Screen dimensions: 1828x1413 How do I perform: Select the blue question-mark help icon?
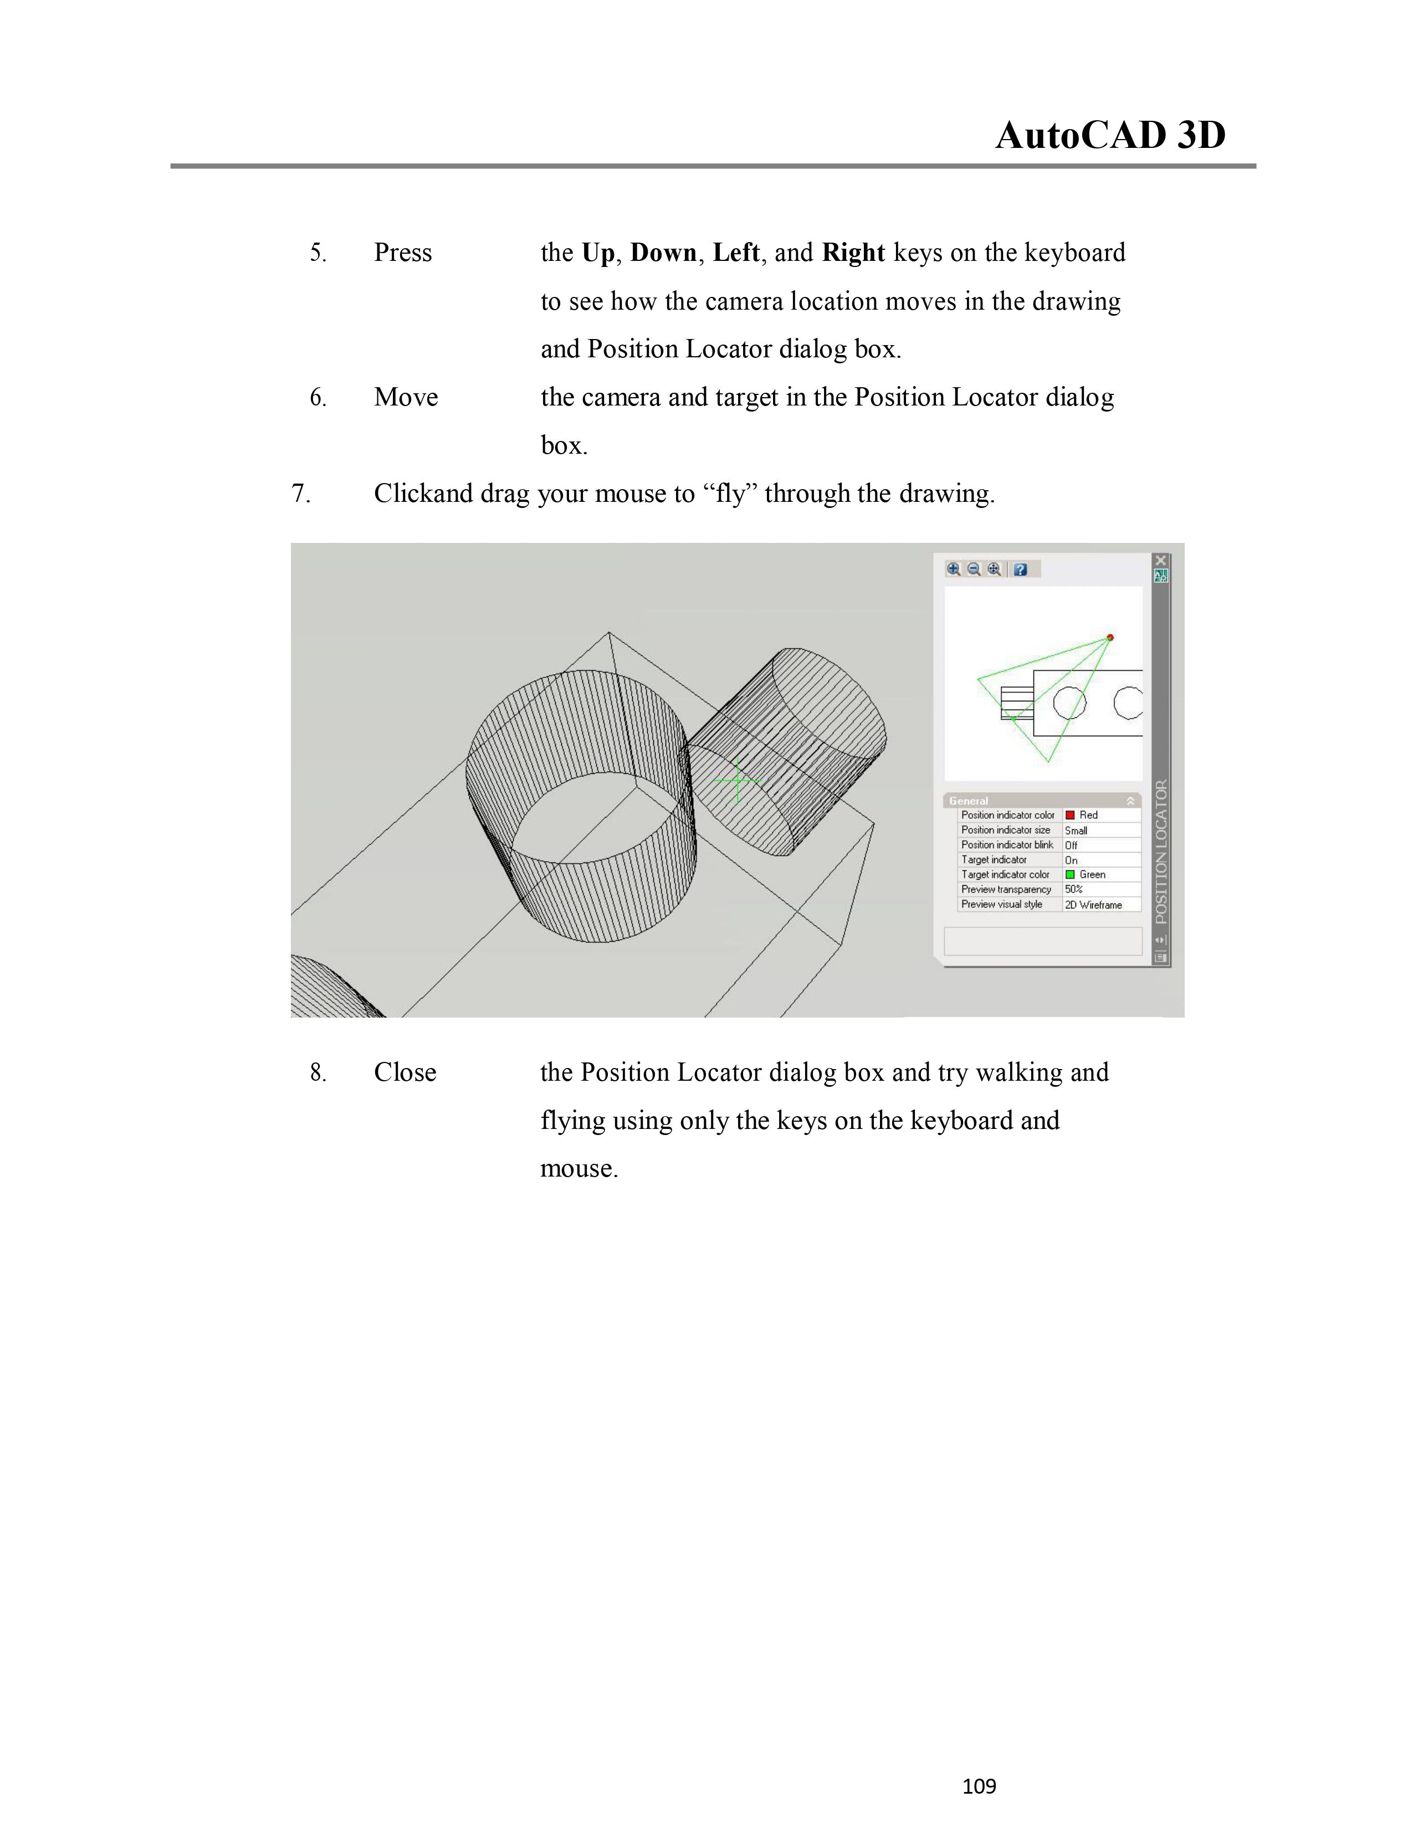[1020, 569]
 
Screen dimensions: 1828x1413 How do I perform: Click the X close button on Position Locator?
[1160, 560]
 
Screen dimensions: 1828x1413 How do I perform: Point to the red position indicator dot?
[1110, 638]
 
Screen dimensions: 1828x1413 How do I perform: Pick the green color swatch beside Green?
[1070, 875]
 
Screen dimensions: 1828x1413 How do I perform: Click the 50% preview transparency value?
[1074, 890]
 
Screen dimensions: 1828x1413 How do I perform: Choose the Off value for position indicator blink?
[1072, 845]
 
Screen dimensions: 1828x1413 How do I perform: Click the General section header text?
[969, 801]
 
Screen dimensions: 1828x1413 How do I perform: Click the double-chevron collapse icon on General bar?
[1130, 801]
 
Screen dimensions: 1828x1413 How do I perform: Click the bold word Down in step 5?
[663, 253]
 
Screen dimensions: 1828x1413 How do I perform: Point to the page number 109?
[979, 1786]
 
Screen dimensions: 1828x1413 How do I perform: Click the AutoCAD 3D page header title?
[1110, 136]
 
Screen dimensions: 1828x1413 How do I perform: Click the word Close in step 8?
[405, 1072]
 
